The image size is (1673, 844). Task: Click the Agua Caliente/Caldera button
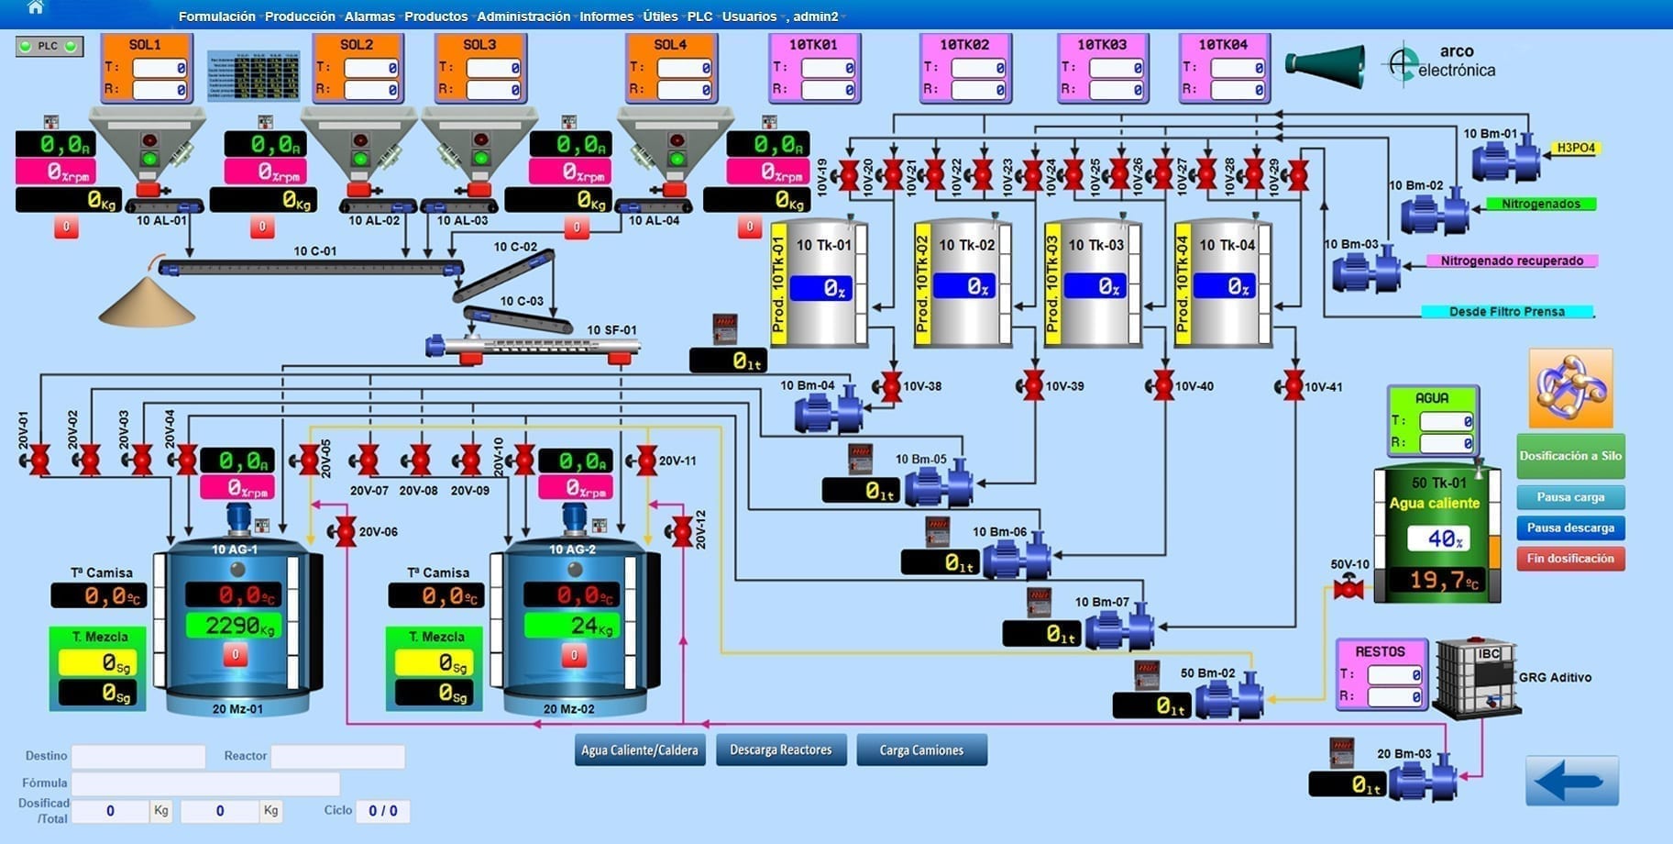pyautogui.click(x=639, y=750)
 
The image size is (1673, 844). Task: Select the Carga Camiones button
pyautogui.click(x=921, y=750)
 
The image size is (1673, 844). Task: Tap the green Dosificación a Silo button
pyautogui.click(x=1570, y=456)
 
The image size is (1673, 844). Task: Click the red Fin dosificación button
pyautogui.click(x=1570, y=559)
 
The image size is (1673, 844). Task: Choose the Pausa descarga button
pyautogui.click(x=1570, y=527)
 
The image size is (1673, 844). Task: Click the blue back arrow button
pyautogui.click(x=1571, y=781)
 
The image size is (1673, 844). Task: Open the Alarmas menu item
pyautogui.click(x=369, y=17)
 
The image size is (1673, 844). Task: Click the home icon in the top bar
pyautogui.click(x=35, y=8)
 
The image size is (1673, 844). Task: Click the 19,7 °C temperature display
pyautogui.click(x=1443, y=580)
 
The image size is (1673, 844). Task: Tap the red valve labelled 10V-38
pyautogui.click(x=891, y=386)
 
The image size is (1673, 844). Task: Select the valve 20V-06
pyautogui.click(x=345, y=531)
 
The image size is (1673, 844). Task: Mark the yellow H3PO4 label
pyautogui.click(x=1576, y=148)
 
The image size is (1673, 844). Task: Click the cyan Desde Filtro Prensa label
pyautogui.click(x=1506, y=312)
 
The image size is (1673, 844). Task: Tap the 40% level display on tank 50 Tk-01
pyautogui.click(x=1437, y=539)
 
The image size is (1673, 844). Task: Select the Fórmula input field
pyautogui.click(x=205, y=783)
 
